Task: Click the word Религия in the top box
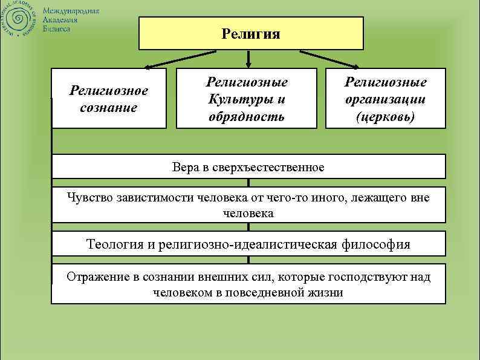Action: tap(251, 33)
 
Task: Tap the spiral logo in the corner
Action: tap(19, 21)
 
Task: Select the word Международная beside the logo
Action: tap(71, 12)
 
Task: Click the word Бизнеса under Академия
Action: tap(56, 29)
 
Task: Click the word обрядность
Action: tap(246, 115)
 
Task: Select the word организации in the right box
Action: tap(386, 99)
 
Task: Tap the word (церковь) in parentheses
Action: tap(386, 116)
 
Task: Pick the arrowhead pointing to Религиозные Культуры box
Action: tap(248, 64)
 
